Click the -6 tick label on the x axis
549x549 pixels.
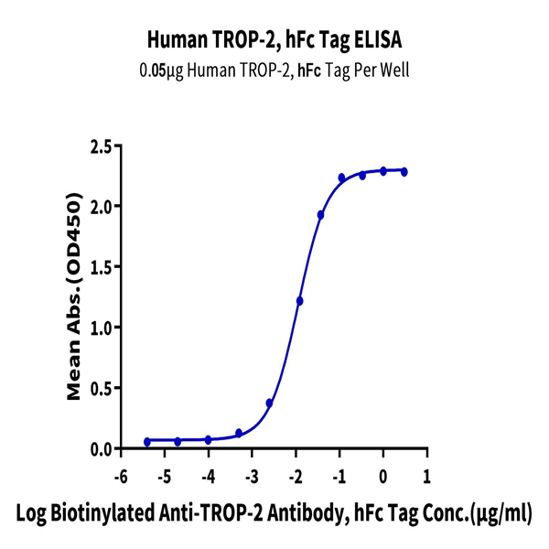119,478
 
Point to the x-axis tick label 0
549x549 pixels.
383,478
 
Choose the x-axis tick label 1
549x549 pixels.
427,478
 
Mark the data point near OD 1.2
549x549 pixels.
299,301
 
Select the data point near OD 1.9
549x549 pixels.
321,215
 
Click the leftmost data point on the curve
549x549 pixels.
147,442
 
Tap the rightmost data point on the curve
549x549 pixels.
404,172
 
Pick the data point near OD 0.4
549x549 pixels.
269,403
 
